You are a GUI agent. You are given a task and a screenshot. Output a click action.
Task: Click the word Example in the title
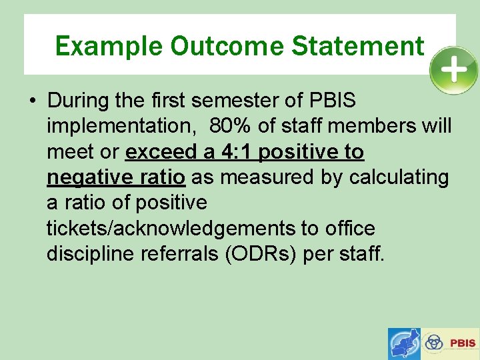point(109,46)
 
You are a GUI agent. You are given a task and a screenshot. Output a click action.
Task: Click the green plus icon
point(453,70)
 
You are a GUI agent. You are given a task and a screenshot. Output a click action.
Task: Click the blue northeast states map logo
point(405,343)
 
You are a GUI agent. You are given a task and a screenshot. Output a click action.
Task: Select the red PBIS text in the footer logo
point(463,343)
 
